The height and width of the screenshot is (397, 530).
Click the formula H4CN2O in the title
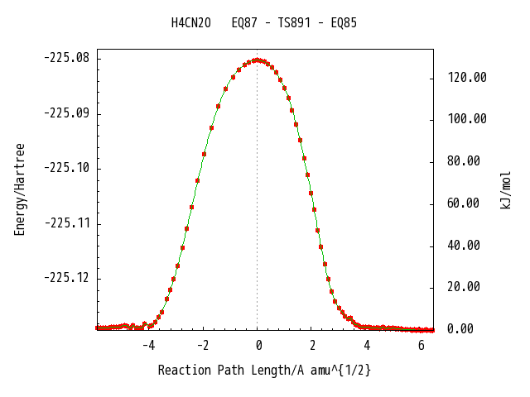pos(191,23)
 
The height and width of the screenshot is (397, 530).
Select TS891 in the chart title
pos(294,23)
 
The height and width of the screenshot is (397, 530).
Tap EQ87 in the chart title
pos(244,23)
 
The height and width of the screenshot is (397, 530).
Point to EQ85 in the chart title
pos(344,23)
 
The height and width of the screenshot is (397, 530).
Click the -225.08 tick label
pos(67,58)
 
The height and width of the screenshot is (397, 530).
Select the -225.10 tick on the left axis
pos(67,168)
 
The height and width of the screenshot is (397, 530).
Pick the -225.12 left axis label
pos(67,278)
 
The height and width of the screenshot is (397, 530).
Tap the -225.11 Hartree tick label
pos(67,222)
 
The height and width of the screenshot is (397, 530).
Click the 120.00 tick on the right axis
pos(467,78)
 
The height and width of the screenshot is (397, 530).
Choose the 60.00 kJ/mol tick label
pos(464,203)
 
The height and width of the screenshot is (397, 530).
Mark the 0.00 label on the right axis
pos(460,328)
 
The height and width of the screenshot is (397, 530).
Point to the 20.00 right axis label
pos(464,287)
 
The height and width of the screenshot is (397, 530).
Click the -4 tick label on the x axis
pos(149,346)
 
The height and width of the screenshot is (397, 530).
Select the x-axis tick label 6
pos(421,346)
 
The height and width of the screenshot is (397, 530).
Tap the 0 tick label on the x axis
pos(258,346)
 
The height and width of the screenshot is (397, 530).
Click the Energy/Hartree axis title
pos(19,189)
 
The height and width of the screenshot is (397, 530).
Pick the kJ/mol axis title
pos(505,190)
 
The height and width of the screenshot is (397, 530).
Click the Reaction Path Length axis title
pos(264,371)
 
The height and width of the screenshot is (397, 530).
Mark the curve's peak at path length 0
pos(258,60)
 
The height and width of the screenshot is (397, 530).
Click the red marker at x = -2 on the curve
pos(205,155)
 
